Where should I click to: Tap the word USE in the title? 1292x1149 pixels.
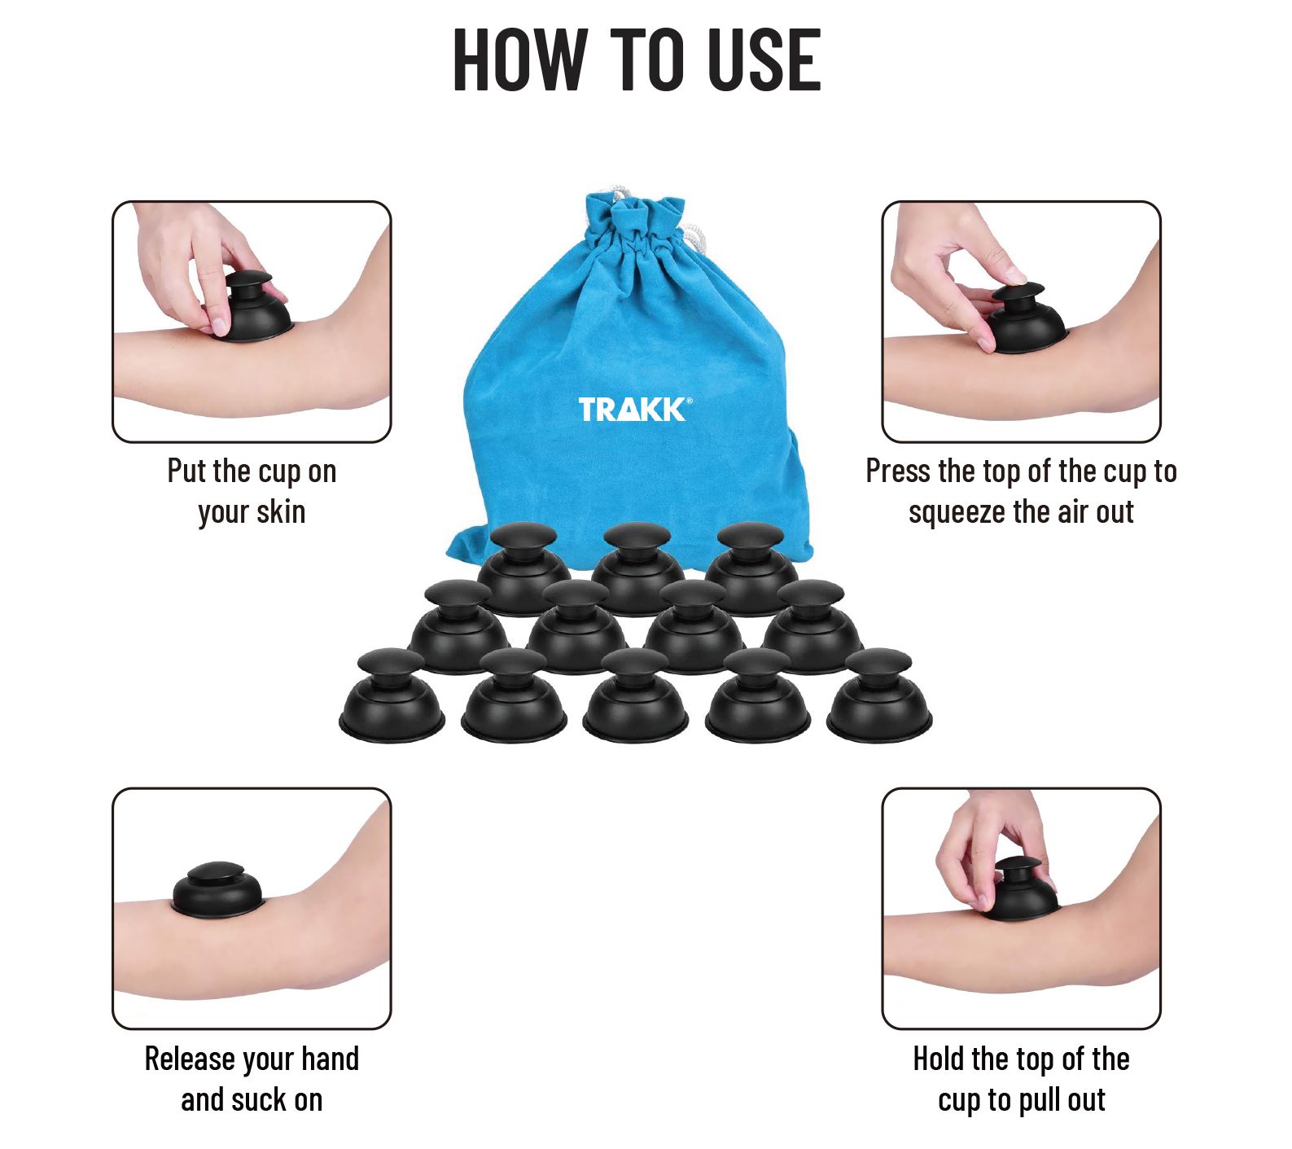point(764,59)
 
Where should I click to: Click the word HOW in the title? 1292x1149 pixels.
point(519,59)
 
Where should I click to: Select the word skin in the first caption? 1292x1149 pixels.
point(281,512)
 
